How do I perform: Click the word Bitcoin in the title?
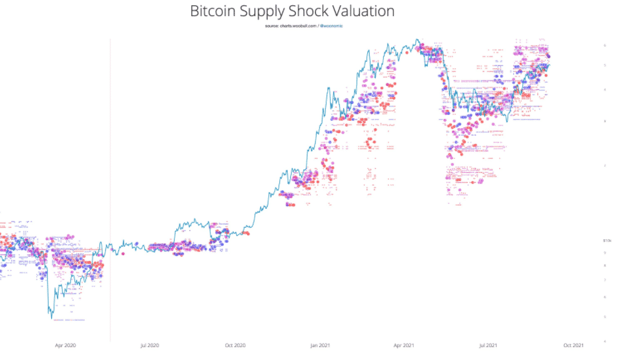tap(215, 11)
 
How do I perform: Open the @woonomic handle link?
tap(331, 26)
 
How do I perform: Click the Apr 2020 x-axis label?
tap(65, 345)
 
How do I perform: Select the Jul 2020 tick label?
tap(150, 345)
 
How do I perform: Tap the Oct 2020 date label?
tap(235, 345)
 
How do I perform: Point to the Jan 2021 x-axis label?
tap(320, 345)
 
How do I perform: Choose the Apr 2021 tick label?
tap(404, 345)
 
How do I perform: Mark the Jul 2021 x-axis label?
tap(489, 345)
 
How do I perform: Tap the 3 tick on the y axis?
tap(604, 121)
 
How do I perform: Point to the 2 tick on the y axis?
tap(604, 165)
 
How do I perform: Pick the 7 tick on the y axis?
tap(604, 280)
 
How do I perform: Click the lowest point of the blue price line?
tap(52, 318)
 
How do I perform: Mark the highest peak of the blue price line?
tap(417, 39)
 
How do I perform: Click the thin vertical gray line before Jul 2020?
tap(110, 194)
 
